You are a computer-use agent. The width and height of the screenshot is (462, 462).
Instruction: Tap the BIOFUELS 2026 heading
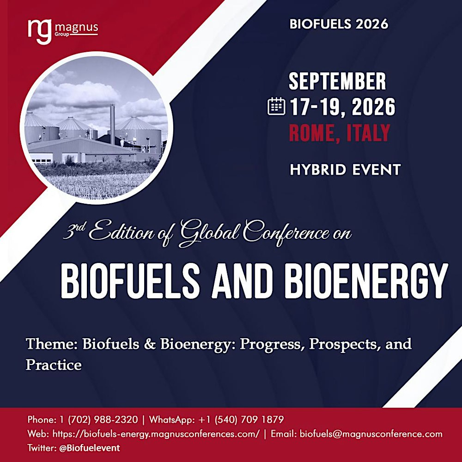[339, 24]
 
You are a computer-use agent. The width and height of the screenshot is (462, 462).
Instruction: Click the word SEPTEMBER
[337, 82]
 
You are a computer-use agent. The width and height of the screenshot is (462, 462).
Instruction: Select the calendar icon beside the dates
[277, 107]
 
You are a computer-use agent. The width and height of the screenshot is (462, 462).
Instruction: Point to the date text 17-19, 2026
[343, 108]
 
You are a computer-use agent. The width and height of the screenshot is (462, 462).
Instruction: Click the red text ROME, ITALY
[340, 134]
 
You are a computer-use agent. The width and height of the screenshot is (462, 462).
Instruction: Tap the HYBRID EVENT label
[345, 170]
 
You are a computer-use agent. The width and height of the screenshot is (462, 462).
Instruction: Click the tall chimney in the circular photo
[112, 123]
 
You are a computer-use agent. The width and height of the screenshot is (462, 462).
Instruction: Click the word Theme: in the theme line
[52, 344]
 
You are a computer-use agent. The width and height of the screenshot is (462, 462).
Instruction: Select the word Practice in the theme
[54, 365]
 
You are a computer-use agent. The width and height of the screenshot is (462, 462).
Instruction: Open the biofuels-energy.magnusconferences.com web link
[156, 434]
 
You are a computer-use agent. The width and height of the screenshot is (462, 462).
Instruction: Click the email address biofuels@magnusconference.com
[371, 434]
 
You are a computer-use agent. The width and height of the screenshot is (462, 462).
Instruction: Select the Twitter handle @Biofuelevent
[90, 448]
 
